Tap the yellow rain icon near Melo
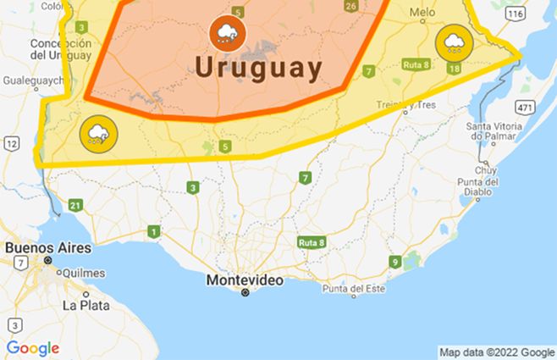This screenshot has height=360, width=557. click(453, 42)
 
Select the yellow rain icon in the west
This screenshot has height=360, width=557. click(97, 132)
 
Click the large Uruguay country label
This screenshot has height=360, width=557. click(258, 68)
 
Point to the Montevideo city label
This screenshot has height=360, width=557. click(245, 280)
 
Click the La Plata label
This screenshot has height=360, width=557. click(85, 305)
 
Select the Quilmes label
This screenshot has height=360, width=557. click(83, 273)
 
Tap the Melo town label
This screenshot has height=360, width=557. click(422, 13)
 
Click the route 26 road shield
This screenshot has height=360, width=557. click(350, 6)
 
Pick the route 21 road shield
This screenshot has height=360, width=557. click(76, 205)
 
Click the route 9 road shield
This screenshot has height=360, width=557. click(394, 262)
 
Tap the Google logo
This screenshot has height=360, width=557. click(33, 348)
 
